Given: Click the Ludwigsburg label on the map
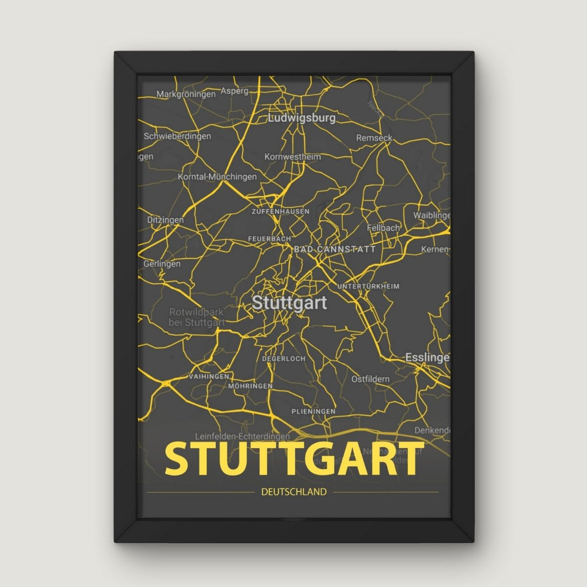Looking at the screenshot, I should click(302, 119).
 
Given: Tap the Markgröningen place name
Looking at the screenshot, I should click(186, 94).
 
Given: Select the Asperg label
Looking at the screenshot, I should click(234, 91).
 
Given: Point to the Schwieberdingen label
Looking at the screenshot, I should click(177, 136).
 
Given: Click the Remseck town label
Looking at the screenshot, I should click(374, 138).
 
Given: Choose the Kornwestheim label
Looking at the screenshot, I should click(292, 156).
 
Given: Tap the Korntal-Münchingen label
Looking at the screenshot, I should click(217, 177).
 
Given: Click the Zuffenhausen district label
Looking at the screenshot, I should click(280, 212).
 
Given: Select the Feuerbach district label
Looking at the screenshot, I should click(269, 238).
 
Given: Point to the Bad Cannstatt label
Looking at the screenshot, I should click(334, 249).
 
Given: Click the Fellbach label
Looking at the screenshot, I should click(383, 228).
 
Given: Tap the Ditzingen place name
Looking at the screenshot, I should click(165, 220).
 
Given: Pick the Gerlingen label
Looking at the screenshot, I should click(162, 264).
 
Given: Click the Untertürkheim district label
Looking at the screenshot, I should click(369, 286).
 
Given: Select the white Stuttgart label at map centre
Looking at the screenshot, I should click(289, 303).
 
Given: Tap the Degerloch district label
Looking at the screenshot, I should click(283, 359).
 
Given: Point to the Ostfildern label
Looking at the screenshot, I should click(370, 379).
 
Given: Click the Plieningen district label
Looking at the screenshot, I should click(313, 412).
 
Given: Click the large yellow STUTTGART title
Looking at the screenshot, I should click(293, 459).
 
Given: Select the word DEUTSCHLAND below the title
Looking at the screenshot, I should click(293, 492).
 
